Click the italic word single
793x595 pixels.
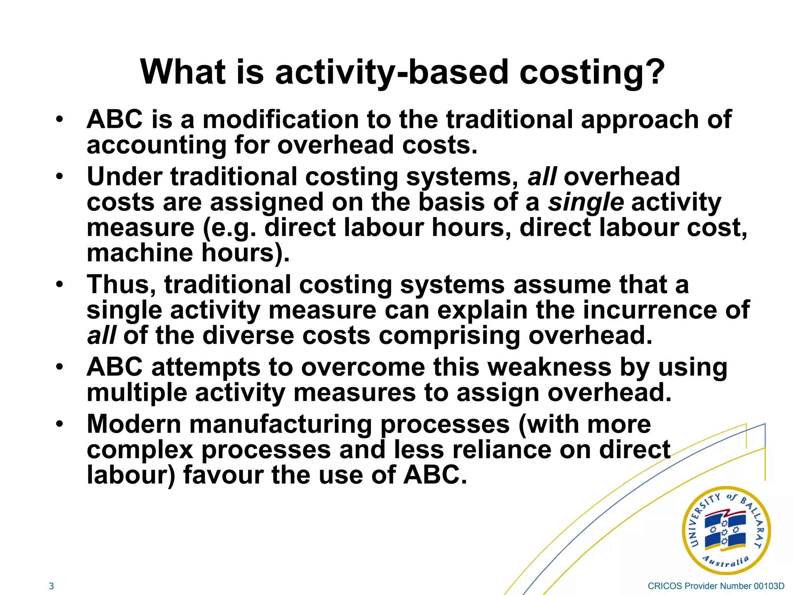(585, 203)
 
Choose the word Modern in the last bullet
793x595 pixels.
(134, 425)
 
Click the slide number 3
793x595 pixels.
(51, 586)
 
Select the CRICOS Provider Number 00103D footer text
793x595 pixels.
(716, 586)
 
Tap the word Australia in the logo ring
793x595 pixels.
(726, 561)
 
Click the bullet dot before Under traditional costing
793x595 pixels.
(59, 177)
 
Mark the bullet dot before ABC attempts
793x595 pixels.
(59, 367)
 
